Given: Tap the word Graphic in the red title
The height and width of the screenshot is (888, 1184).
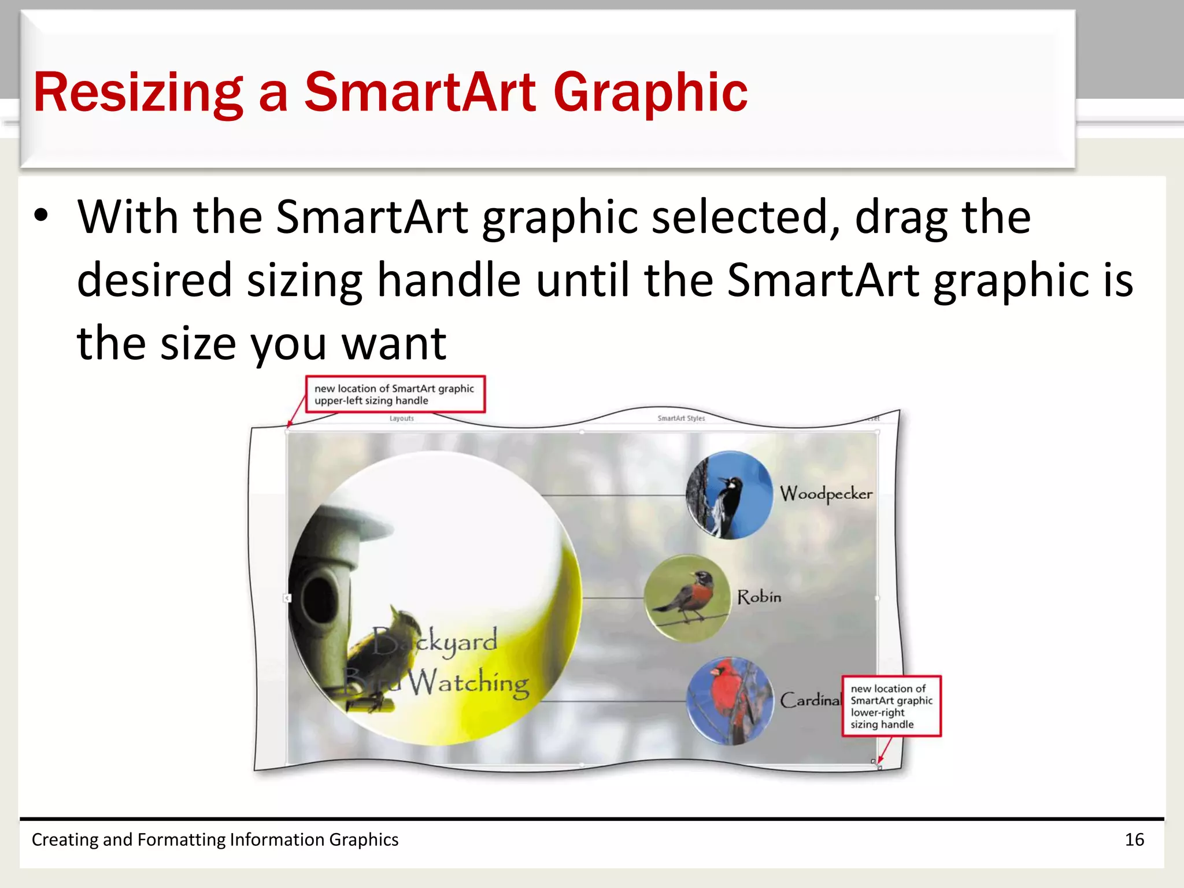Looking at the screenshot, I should (650, 92).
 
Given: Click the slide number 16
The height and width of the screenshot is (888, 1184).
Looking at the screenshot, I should (1134, 839).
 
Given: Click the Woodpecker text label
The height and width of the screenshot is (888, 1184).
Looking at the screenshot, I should (826, 494).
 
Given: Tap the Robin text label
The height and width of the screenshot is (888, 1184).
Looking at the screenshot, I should (759, 597).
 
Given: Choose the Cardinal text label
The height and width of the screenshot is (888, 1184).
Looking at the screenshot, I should (809, 700).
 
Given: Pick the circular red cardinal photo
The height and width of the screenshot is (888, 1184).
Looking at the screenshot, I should (730, 701).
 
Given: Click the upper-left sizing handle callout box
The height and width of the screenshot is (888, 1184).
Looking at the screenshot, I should (395, 394).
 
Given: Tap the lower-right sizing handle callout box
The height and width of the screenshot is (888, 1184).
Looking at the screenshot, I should (891, 706).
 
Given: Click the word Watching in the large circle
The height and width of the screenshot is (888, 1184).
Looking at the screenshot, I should (468, 683).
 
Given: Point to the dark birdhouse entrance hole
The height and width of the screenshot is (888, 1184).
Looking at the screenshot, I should (317, 595).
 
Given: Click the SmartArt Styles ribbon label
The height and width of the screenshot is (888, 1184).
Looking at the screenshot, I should (681, 418).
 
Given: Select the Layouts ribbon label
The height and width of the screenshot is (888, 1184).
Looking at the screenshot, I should (401, 418).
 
